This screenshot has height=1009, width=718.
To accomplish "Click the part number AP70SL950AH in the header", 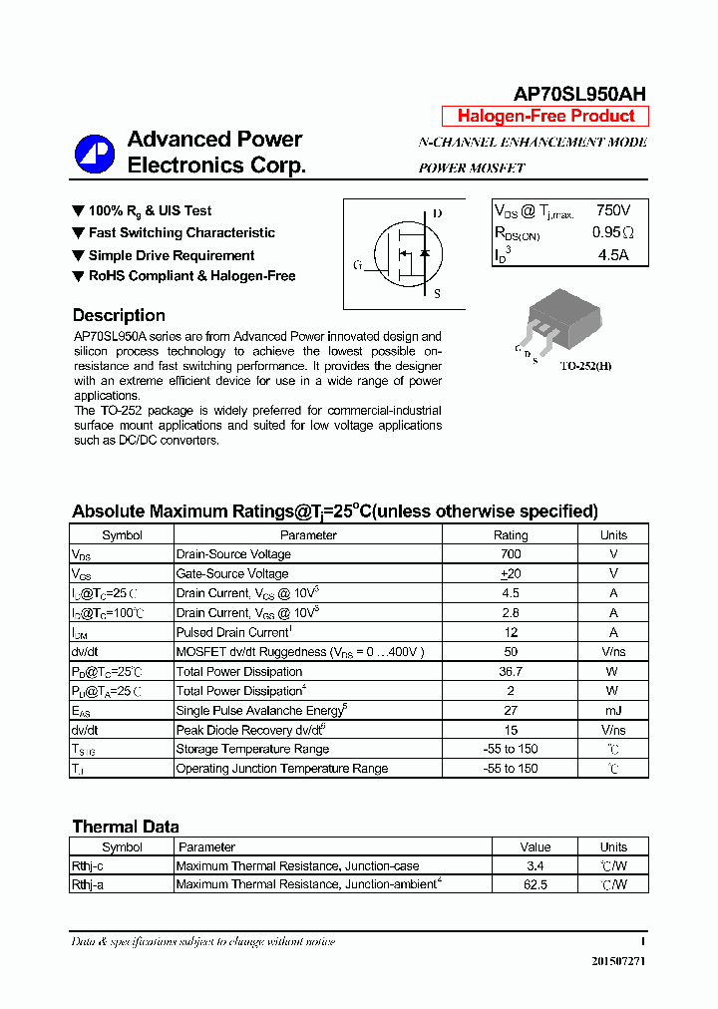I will [579, 94].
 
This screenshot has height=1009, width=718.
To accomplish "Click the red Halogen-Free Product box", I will [545, 116].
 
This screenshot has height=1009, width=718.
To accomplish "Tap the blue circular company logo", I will [95, 153].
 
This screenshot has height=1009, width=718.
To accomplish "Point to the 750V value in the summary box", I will [612, 210].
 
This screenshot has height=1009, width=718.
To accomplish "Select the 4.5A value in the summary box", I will [612, 254].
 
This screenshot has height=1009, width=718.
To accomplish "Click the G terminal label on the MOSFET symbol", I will [357, 265].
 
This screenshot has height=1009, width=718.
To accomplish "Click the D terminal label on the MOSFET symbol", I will [437, 213].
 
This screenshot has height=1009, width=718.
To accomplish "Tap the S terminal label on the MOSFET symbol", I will [437, 293].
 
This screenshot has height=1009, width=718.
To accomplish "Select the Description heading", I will [119, 315].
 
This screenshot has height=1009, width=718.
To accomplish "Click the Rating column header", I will [511, 534].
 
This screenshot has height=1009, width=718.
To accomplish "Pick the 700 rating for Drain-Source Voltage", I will [511, 554].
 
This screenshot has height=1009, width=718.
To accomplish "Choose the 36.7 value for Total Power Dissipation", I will [511, 671].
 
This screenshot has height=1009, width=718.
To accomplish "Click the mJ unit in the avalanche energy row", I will [613, 710].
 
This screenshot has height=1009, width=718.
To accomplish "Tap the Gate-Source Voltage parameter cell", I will [232, 573].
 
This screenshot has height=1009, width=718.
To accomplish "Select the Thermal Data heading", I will [126, 827].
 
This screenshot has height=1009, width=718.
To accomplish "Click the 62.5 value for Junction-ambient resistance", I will [536, 884].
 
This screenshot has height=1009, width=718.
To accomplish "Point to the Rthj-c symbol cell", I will [88, 866].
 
